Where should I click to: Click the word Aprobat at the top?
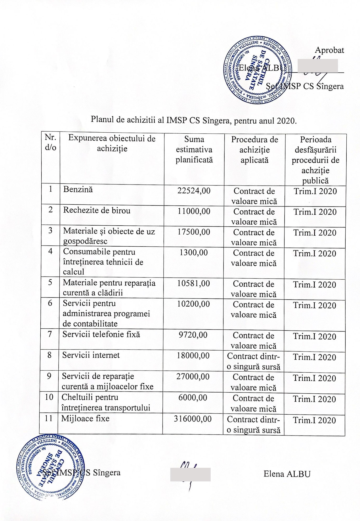(x=329, y=50)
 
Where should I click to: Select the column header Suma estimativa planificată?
(x=194, y=150)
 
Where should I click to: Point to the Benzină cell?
(x=78, y=190)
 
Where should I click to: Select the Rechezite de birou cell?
(x=97, y=210)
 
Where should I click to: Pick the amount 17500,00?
(x=194, y=232)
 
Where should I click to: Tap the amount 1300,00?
(x=194, y=253)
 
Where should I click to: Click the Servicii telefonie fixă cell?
(x=101, y=334)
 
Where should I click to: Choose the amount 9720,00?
(x=193, y=335)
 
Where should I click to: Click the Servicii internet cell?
(x=91, y=355)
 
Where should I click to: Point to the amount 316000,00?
(x=193, y=419)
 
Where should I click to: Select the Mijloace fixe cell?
(x=85, y=418)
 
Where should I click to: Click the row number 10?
(x=49, y=397)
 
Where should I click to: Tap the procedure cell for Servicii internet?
(x=253, y=361)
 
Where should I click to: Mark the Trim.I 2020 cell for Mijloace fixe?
(x=314, y=420)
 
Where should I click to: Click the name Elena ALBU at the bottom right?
(x=287, y=474)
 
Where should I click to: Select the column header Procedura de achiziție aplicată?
(x=254, y=150)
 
